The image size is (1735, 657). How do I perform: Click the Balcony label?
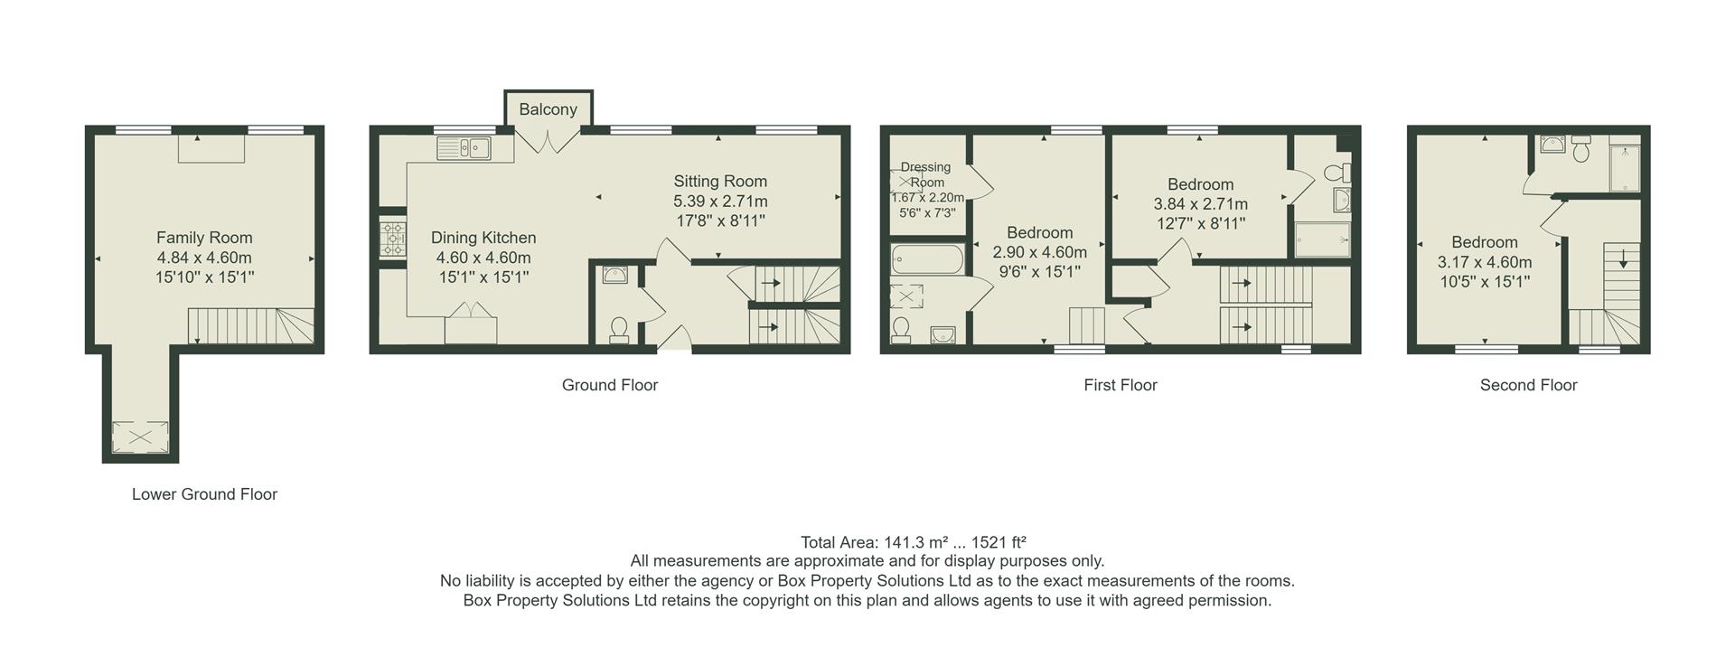[548, 109]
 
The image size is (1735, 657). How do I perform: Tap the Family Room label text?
[204, 238]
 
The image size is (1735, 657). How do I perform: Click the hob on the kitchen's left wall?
[392, 239]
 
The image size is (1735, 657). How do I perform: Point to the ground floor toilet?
[619, 330]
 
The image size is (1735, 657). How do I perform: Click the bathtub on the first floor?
[927, 261]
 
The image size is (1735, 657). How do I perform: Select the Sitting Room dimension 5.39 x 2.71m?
[720, 201]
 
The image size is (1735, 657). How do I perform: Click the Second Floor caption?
[1528, 385]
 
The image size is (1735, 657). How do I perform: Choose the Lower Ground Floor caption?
[204, 494]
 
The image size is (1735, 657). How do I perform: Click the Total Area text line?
[913, 542]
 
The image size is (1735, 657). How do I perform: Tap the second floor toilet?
[1580, 150]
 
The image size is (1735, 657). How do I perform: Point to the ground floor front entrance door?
[673, 342]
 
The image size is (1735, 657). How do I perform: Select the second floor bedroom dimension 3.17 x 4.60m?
[1485, 262]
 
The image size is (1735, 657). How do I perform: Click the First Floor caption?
[1120, 385]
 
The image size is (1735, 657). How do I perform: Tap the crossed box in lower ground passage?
[140, 437]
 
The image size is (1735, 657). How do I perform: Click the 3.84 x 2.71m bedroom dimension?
[1200, 204]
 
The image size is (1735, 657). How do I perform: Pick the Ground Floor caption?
[609, 385]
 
